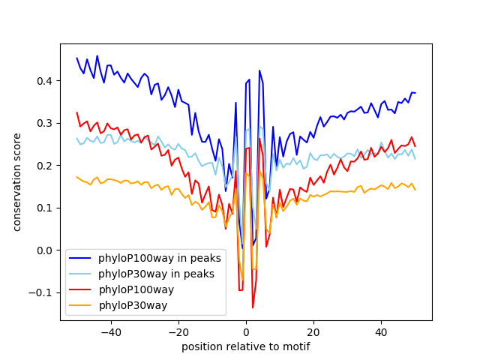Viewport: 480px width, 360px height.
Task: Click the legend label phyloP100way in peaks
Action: (160, 258)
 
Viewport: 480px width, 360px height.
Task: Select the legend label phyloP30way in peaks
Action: (156, 274)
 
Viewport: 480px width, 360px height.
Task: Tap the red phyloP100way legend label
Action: (136, 289)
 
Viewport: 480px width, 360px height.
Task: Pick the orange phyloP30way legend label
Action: (133, 305)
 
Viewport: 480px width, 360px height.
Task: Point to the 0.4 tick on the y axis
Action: (45, 81)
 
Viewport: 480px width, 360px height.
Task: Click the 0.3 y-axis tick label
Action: (45, 123)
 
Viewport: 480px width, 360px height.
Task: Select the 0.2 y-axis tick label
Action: (45, 166)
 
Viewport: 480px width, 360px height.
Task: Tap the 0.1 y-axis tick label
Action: (45, 208)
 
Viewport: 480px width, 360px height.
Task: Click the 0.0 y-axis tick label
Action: (45, 250)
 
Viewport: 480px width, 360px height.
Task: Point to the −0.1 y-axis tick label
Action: (40, 293)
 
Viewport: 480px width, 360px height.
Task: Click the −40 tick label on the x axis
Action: (111, 332)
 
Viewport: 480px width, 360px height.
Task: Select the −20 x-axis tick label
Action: (178, 332)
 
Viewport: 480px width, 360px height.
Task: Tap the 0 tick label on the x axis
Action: (246, 332)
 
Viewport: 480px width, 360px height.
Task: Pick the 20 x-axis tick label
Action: (313, 332)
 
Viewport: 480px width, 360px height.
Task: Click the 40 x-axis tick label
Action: (382, 332)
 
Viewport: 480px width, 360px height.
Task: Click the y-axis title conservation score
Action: (16, 182)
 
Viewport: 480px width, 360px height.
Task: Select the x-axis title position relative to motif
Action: (246, 346)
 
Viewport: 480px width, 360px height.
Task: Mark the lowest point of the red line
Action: (253, 307)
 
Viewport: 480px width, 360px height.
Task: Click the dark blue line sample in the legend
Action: (80, 258)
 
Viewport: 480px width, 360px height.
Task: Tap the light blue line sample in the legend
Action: (80, 274)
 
